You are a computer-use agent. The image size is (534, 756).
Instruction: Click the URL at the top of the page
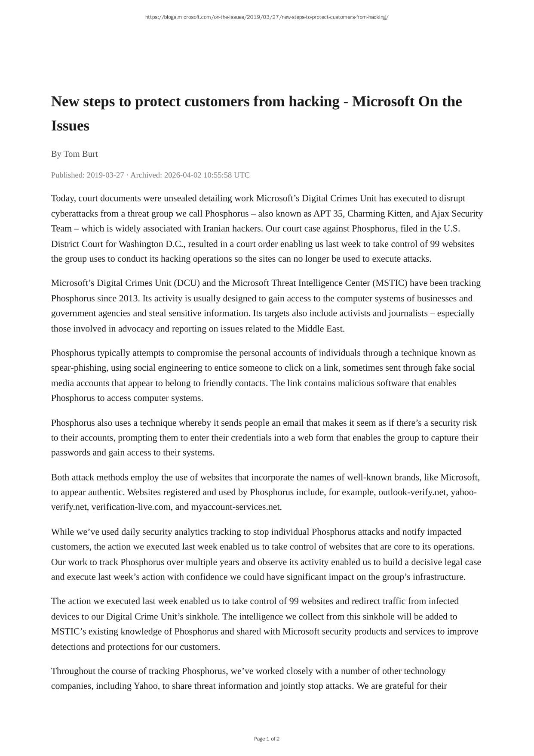[x=267, y=17]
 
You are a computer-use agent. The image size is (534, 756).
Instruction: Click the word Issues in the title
[x=70, y=126]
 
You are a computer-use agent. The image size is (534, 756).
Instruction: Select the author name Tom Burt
[x=81, y=154]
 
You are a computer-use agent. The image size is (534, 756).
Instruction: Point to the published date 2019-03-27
[x=105, y=175]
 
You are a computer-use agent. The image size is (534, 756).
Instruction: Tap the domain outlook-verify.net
[x=413, y=492]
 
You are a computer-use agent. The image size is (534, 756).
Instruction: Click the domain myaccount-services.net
[x=236, y=507]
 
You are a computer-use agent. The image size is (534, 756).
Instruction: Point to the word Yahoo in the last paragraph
[x=146, y=685]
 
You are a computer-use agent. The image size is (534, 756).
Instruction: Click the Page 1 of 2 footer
[x=267, y=739]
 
